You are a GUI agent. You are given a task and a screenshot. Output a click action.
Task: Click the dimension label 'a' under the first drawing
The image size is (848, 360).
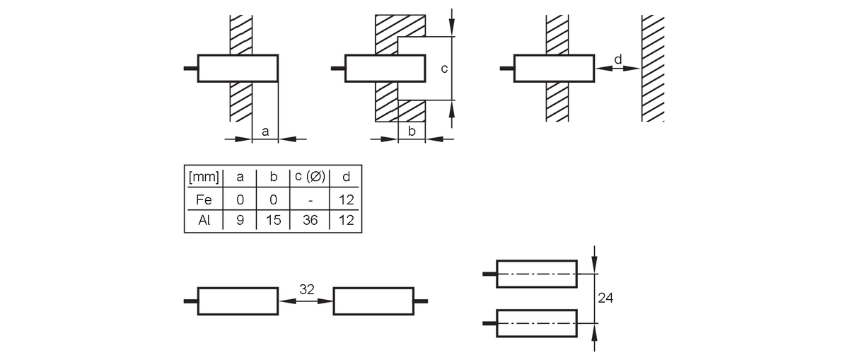tap(265, 132)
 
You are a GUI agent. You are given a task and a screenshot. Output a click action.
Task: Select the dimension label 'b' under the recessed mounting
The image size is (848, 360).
tap(412, 130)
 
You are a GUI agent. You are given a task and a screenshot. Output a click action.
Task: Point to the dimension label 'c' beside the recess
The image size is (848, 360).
tap(445, 69)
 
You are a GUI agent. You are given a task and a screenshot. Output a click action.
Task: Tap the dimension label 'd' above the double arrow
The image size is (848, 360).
tap(618, 59)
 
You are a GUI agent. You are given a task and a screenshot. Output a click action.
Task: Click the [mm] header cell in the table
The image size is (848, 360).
tap(204, 177)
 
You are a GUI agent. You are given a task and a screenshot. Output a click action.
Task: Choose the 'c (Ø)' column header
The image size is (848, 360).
tap(310, 177)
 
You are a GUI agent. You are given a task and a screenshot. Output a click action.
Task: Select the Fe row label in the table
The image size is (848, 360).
tap(204, 200)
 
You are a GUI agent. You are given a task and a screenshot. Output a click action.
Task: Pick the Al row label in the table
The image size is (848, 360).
tap(204, 221)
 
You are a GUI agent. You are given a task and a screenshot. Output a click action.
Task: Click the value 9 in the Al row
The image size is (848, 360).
tap(240, 221)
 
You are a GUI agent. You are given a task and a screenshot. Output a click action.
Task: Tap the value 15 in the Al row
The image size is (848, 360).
tap(274, 221)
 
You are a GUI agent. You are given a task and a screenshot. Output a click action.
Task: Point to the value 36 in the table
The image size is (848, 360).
tap(310, 221)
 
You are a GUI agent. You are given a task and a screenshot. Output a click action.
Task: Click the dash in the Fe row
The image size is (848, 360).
tap(310, 201)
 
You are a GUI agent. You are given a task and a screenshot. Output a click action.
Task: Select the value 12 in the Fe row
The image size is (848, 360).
tap(346, 200)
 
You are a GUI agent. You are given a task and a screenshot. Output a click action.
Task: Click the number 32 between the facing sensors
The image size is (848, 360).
tap(307, 289)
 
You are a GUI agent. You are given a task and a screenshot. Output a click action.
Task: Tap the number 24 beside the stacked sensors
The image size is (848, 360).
tap(605, 297)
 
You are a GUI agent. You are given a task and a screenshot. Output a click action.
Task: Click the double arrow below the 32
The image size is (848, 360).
tap(306, 301)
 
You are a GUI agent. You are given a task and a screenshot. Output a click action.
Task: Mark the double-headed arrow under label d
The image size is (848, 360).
tap(617, 69)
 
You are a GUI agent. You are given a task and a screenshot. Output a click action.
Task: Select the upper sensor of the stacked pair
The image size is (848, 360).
tap(537, 274)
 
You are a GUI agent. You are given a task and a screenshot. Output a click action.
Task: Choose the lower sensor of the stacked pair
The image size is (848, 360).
tap(537, 323)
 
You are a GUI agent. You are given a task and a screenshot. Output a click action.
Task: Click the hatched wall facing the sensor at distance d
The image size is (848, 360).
tap(653, 68)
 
